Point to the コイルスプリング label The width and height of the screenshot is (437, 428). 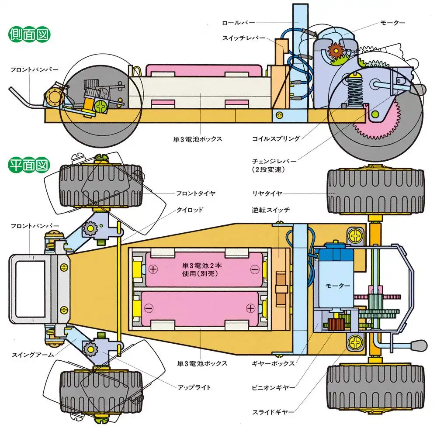[x=276, y=139]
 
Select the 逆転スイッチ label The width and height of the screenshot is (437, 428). [x=271, y=210]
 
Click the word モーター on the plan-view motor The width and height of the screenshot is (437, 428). [x=338, y=286]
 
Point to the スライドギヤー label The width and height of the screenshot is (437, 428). [x=274, y=411]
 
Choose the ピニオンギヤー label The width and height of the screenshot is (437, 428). [x=274, y=387]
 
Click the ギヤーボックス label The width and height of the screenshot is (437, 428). [x=274, y=363]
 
